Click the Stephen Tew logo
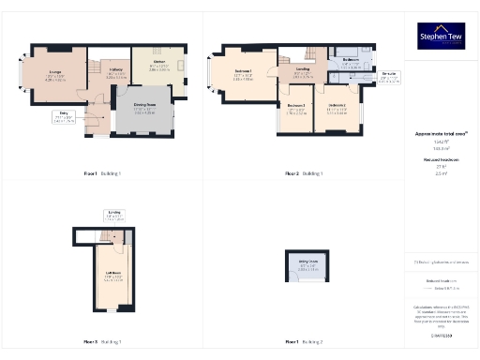pyautogui.click(x=441, y=36)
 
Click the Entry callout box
pyautogui.click(x=63, y=117)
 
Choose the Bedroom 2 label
pyautogui.click(x=337, y=108)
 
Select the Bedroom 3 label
pyautogui.click(x=296, y=108)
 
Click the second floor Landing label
pyautogui.click(x=303, y=71)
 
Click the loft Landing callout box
pyautogui.click(x=113, y=215)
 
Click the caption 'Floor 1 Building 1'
pyautogui.click(x=102, y=174)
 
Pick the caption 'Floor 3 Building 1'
pyautogui.click(x=102, y=341)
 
